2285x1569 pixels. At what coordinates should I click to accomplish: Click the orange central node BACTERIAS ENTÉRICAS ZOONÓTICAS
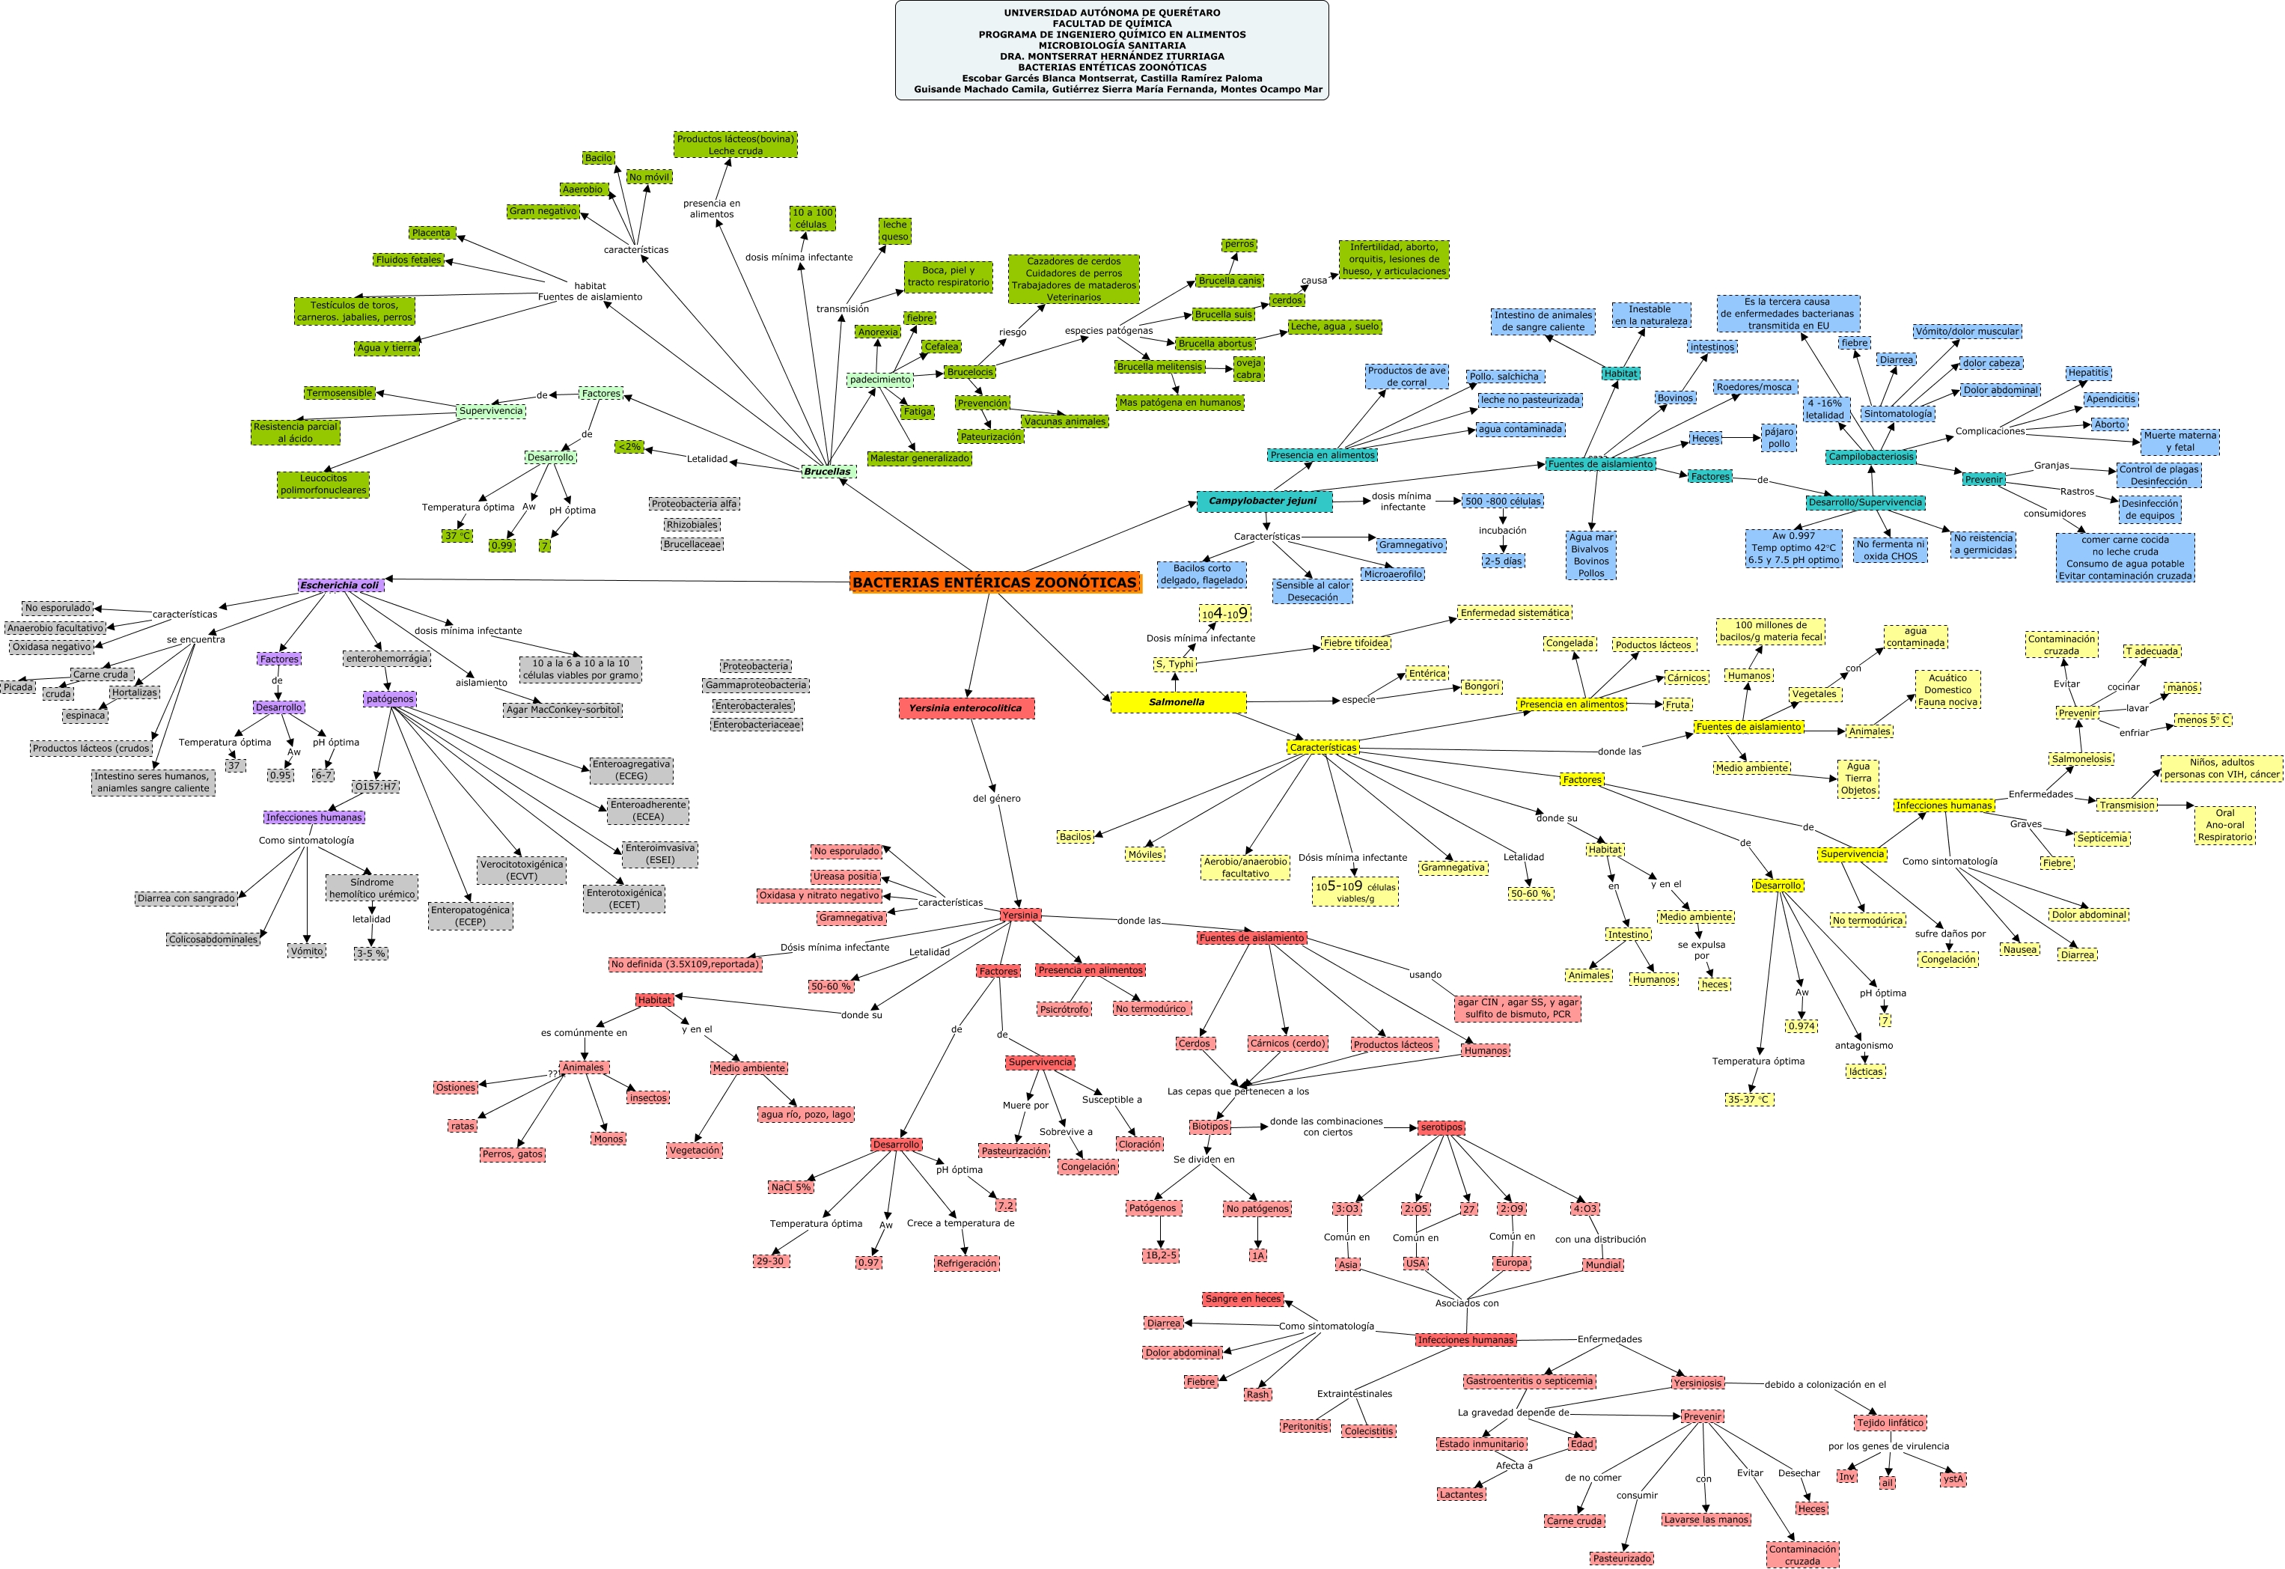[994, 582]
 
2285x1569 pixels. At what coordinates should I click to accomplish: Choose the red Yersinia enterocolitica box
[965, 708]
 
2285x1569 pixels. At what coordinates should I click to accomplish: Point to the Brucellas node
[827, 471]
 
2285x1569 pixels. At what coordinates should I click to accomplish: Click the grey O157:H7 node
[376, 787]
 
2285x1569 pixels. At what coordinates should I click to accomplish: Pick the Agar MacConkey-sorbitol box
[562, 709]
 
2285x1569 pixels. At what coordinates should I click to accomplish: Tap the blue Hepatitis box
[2087, 373]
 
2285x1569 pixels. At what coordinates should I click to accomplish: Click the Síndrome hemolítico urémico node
[372, 888]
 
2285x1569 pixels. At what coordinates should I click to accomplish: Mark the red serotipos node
[1441, 1127]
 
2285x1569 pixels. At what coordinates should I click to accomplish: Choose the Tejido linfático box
[1890, 1422]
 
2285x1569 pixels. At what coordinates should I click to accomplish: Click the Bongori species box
[1480, 686]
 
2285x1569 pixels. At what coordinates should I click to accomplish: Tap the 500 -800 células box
[1502, 502]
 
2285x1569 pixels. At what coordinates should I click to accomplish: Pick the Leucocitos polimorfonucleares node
[323, 484]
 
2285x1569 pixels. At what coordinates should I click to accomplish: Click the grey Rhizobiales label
[692, 525]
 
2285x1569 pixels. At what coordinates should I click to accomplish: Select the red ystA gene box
[1953, 1478]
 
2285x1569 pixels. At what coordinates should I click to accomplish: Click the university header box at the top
[1111, 50]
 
